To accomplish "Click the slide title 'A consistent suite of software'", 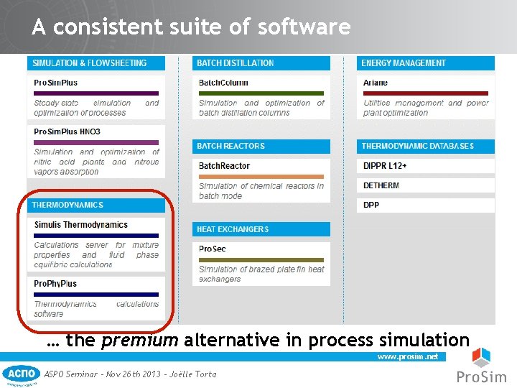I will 191,27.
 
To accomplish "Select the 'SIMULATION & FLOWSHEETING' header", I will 89,63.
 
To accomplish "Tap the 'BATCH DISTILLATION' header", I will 236,63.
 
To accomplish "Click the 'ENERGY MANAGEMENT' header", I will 403,63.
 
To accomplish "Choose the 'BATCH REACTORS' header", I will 231,146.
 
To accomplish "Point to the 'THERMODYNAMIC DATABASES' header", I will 417,146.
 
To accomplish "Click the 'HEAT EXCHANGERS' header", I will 233,229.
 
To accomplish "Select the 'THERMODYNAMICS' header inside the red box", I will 67,205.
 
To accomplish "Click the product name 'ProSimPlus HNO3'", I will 67,131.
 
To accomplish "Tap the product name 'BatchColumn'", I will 223,83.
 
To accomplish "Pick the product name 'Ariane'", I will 376,83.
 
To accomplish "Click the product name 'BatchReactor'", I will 225,166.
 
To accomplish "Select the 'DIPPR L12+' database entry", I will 386,166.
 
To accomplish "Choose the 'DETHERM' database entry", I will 381,185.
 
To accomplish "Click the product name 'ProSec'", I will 213,249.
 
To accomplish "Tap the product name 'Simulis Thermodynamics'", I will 81,225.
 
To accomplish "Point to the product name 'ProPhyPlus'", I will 55,284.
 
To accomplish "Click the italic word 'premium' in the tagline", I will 140,340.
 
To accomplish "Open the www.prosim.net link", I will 407,356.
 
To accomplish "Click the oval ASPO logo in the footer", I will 22,374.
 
